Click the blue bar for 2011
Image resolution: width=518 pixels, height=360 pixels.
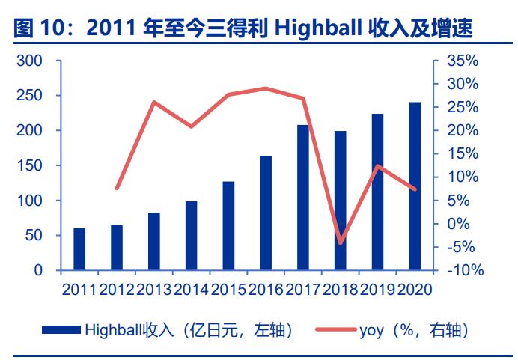coord(79,248)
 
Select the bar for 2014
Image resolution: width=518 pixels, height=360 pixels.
coord(191,235)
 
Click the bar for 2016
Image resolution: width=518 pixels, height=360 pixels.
coord(266,213)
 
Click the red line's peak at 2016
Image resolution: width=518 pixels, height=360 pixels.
coord(266,88)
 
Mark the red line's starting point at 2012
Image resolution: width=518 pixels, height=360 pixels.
coord(117,188)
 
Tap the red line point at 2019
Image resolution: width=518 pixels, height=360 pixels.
coord(378,166)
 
